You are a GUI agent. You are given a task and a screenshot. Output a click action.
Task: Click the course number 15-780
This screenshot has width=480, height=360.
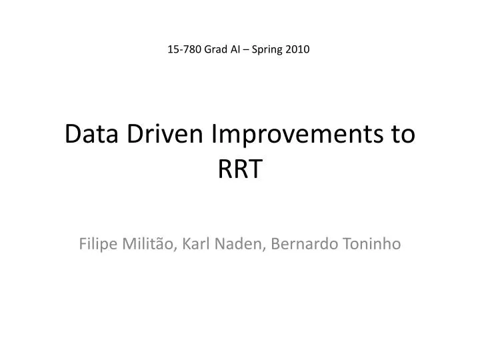(183, 49)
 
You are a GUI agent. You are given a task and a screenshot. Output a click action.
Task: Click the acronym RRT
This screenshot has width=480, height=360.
(240, 170)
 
